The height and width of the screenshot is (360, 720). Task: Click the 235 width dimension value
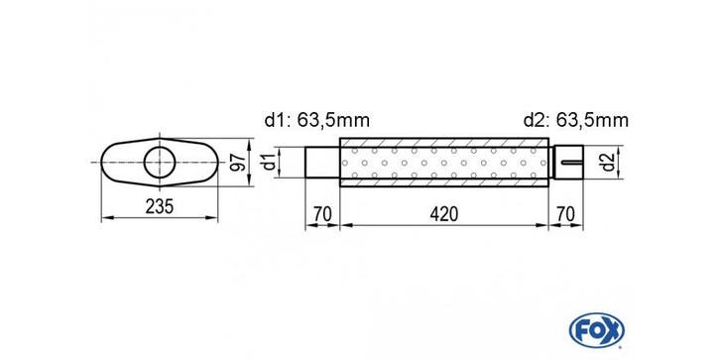click(160, 207)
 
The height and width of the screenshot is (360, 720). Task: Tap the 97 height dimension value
click(237, 163)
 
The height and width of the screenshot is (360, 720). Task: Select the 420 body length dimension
click(444, 214)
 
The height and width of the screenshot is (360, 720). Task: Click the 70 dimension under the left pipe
click(322, 214)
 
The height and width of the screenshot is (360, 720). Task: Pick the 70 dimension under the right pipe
click(565, 214)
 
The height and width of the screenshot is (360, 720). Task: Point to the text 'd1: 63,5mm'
click(316, 121)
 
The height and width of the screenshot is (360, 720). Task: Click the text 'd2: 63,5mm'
click(576, 121)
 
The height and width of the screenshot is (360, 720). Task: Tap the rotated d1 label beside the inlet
click(269, 163)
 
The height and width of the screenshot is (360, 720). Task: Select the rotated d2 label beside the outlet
click(608, 162)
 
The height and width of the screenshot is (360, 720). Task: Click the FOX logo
click(596, 330)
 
